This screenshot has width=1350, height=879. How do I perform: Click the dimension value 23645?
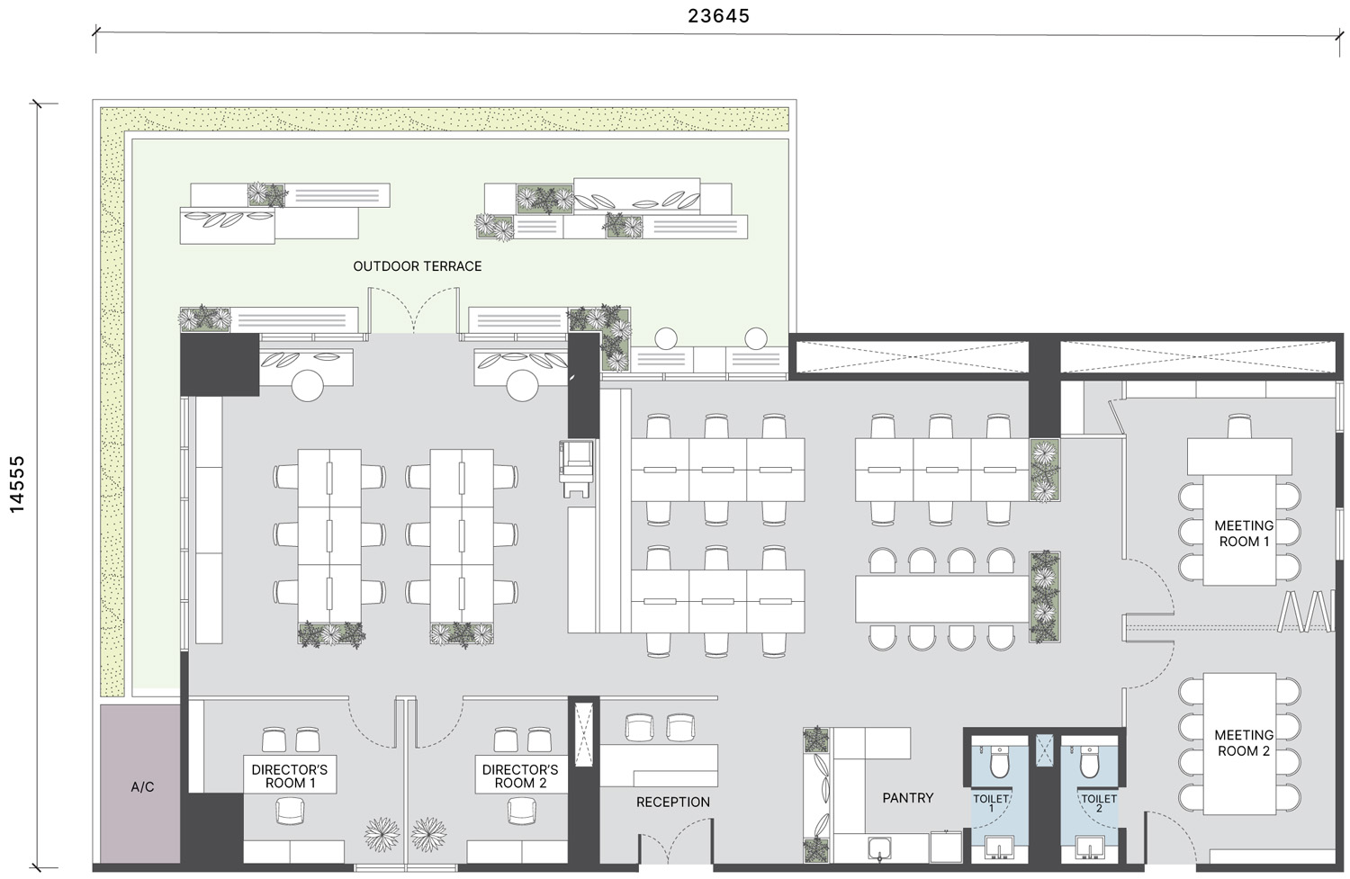[x=718, y=15]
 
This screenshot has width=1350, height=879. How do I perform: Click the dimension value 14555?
[x=17, y=484]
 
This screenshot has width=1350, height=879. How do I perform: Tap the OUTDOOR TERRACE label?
[x=417, y=266]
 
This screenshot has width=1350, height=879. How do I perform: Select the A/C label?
[x=142, y=787]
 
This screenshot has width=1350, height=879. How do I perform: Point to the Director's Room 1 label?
[x=290, y=776]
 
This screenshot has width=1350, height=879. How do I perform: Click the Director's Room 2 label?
[x=520, y=776]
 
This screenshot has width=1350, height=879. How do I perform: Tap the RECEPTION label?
[x=672, y=802]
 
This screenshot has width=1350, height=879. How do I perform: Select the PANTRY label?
[x=907, y=798]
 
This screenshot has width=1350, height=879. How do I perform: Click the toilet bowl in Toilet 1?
[x=999, y=761]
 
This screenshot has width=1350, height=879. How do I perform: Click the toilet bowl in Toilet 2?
[x=1090, y=761]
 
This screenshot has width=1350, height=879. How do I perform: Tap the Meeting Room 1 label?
[x=1244, y=534]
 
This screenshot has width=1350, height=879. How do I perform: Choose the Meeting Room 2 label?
[x=1244, y=743]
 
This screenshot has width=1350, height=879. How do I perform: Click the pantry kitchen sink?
[x=880, y=848]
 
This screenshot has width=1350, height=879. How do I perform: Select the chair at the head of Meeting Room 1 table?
[x=1239, y=426]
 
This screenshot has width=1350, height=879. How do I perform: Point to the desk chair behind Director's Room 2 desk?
[x=521, y=811]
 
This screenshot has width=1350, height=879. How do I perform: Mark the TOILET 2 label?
[x=1099, y=803]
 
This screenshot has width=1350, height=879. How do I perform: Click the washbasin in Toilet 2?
[x=1090, y=848]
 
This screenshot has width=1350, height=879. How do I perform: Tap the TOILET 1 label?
[x=991, y=803]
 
